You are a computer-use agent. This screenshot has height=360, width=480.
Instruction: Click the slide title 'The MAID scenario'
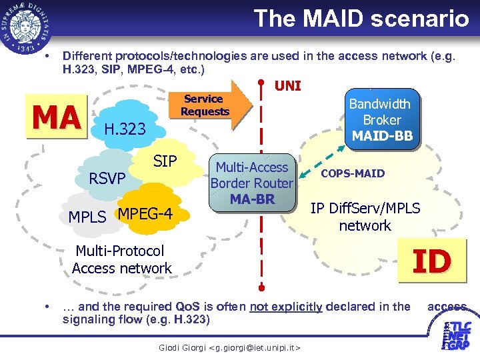[x=361, y=18]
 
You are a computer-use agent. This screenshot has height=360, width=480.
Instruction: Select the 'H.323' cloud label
[x=125, y=129]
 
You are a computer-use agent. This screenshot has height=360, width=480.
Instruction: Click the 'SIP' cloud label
[x=165, y=161]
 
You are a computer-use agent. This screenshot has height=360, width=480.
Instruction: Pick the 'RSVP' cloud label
[x=107, y=178]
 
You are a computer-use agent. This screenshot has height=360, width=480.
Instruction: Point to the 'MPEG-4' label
[x=145, y=214]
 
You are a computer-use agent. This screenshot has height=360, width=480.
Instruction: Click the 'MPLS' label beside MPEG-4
[x=87, y=217]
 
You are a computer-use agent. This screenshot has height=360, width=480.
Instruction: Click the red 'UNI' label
[x=288, y=85]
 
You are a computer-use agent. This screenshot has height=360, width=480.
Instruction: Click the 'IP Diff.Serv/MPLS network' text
[x=365, y=217]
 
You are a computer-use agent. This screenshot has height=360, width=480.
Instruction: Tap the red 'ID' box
[x=431, y=260]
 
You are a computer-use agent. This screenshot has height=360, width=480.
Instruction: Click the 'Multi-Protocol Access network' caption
[x=121, y=259]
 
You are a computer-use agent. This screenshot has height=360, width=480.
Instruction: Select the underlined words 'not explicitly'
[x=286, y=307]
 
